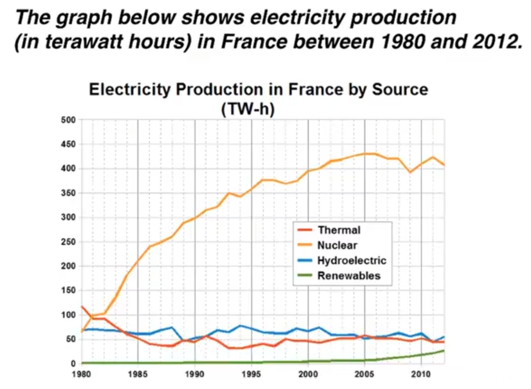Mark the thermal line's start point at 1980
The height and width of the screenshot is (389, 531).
tap(81, 306)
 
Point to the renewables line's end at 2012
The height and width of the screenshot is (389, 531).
tap(444, 350)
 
